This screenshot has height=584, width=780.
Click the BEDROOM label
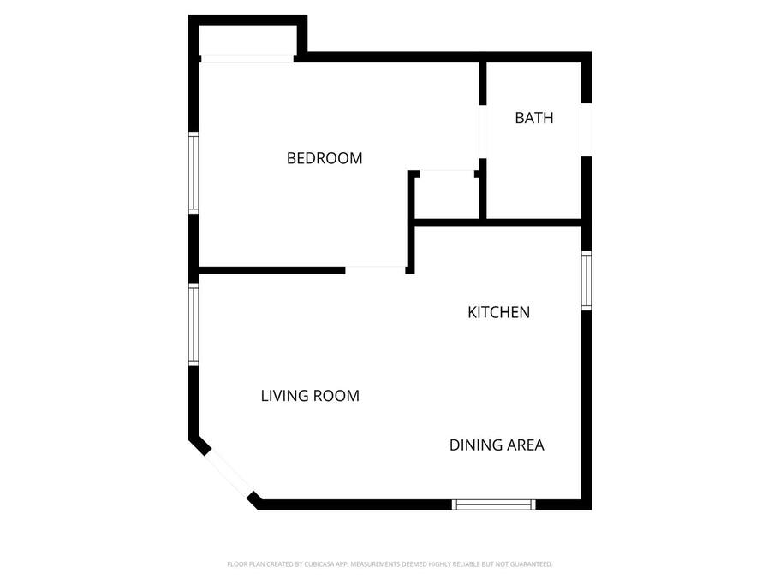point(325,158)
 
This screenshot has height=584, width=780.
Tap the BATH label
point(533,118)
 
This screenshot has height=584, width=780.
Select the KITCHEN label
point(498,312)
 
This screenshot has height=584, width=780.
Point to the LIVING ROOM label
point(310,396)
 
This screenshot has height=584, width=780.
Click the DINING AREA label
point(497,445)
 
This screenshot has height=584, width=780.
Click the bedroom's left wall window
point(194,173)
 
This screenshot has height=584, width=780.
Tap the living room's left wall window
point(194,324)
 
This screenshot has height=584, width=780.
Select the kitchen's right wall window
point(586,280)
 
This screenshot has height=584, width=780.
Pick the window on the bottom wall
point(494,504)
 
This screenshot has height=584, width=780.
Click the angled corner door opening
point(229,472)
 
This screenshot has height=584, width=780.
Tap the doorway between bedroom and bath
point(483,132)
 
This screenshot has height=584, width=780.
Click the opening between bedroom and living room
point(376,270)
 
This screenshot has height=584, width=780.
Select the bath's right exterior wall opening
point(586,130)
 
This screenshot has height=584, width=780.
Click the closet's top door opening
point(447,174)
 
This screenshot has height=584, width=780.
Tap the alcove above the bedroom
point(247,39)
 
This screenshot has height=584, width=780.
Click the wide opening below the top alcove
point(247,59)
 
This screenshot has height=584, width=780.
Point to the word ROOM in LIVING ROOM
point(336,396)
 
